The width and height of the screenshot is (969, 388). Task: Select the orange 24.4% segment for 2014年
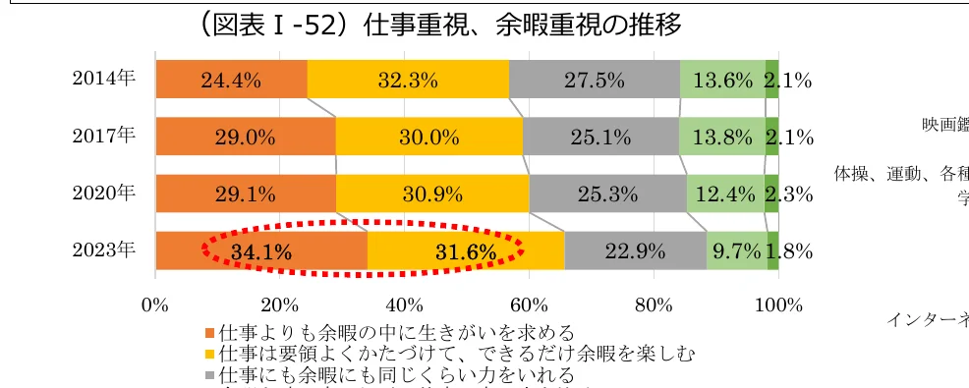tap(231, 81)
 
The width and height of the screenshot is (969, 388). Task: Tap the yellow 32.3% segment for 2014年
tap(408, 81)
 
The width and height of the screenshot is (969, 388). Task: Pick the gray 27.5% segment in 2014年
tap(595, 81)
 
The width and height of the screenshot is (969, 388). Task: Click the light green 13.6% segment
tap(722, 81)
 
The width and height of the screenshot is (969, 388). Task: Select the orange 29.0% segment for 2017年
tap(246, 138)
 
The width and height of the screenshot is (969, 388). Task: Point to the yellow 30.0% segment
tap(429, 138)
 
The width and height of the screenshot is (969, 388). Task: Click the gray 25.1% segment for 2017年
tap(600, 138)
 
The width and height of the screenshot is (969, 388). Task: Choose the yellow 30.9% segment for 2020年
tap(432, 194)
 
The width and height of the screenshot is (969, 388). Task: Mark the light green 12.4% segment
tap(725, 194)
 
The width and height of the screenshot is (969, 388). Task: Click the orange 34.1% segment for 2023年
tap(261, 251)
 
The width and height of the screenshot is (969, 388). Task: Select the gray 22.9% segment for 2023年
tap(636, 251)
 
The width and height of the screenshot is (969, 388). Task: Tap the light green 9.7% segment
tap(736, 251)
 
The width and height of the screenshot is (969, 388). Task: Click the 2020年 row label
tap(103, 194)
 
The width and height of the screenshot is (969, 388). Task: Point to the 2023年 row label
tap(103, 250)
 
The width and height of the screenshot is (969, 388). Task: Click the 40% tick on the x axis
tap(405, 304)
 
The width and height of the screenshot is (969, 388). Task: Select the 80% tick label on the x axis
tap(654, 304)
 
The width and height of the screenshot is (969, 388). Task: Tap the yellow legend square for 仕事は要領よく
tap(209, 354)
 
